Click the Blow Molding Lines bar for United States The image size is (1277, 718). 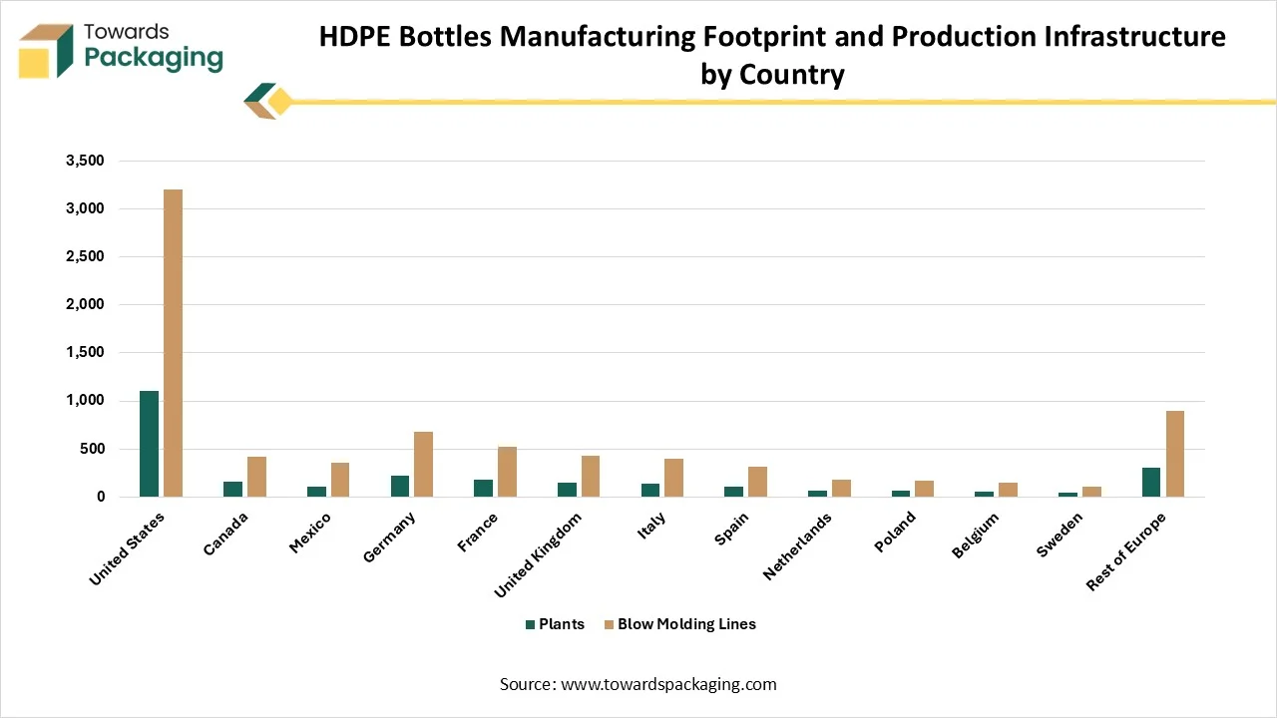174,343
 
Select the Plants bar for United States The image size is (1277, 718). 150,444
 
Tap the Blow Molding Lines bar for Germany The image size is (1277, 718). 424,464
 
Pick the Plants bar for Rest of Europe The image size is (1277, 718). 1152,482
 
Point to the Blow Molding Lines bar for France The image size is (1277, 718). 508,472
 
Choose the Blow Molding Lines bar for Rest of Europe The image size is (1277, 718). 1176,454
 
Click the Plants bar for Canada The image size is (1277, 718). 233,489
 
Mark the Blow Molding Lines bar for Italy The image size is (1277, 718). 674,478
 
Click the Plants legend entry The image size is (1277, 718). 555,624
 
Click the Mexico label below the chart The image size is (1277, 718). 311,535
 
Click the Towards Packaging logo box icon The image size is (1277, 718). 46,52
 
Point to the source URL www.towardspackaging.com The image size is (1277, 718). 668,684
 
